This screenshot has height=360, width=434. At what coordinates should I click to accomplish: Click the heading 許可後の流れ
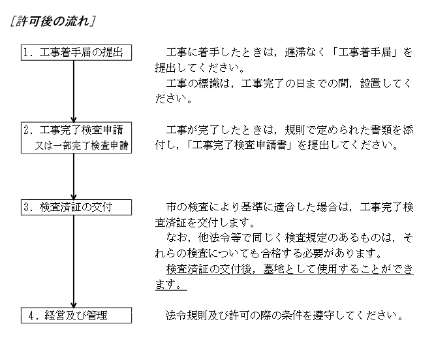pyautogui.click(x=52, y=21)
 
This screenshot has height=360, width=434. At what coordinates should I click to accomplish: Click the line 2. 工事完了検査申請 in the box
pyautogui.click(x=73, y=130)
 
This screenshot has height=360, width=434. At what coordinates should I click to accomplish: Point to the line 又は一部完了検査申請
pyautogui.click(x=82, y=145)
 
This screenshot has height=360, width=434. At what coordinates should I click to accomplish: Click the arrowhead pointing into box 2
pyautogui.click(x=74, y=120)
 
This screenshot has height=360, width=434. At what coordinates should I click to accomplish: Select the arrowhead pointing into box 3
pyautogui.click(x=74, y=197)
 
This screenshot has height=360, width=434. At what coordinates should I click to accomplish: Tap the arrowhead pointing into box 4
pyautogui.click(x=74, y=305)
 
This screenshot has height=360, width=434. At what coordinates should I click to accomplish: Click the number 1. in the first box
pyautogui.click(x=29, y=52)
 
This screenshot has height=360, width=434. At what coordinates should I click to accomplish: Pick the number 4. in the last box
pyautogui.click(x=35, y=316)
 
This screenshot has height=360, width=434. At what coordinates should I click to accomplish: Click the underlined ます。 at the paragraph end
pyautogui.click(x=171, y=284)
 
